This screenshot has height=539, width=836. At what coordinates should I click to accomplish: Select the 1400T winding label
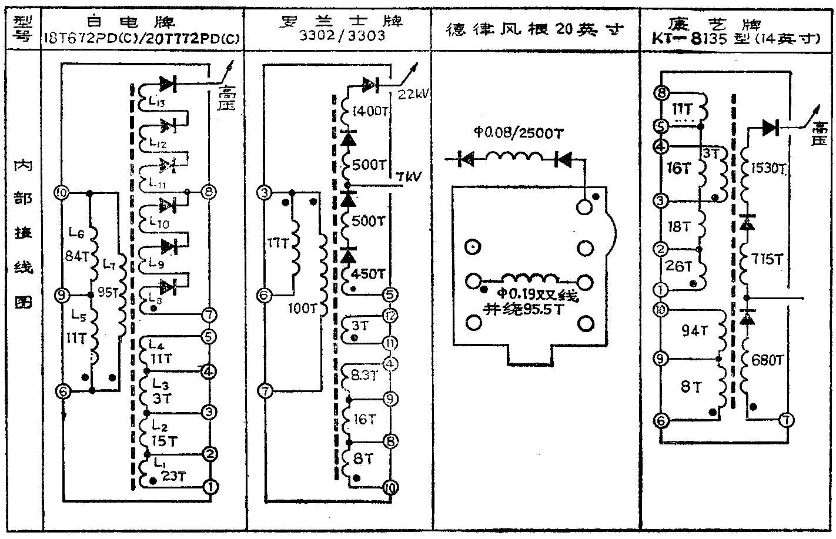(369, 111)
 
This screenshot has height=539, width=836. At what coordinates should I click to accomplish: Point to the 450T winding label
(369, 274)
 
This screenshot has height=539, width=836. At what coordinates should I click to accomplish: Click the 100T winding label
(303, 307)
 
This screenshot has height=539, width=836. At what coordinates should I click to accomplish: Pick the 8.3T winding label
(364, 374)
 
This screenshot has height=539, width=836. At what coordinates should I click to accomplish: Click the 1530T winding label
(768, 169)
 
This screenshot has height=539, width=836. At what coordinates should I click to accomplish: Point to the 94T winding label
(694, 332)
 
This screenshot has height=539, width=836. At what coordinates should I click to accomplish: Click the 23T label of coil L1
(173, 476)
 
